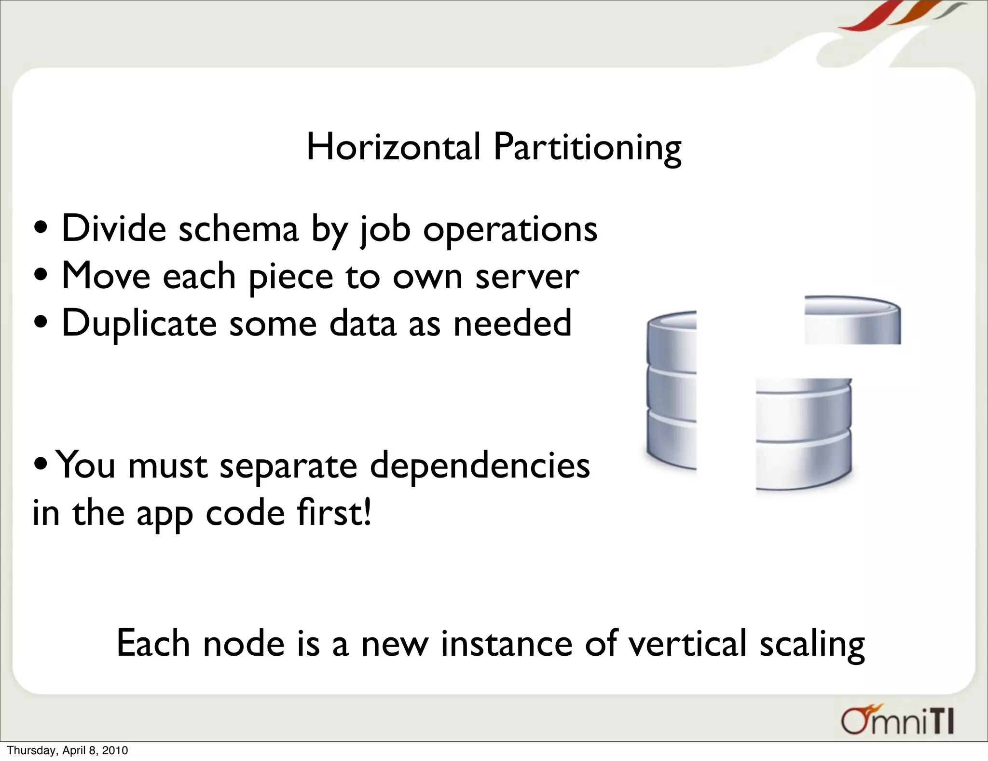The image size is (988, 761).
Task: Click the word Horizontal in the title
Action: tap(393, 147)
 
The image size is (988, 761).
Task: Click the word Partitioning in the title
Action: tap(587, 149)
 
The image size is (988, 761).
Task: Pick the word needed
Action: tap(512, 323)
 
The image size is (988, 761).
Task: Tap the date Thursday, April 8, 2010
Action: tap(68, 750)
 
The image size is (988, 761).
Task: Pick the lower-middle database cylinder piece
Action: tap(803, 435)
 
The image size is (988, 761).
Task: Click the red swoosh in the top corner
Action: tap(864, 17)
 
